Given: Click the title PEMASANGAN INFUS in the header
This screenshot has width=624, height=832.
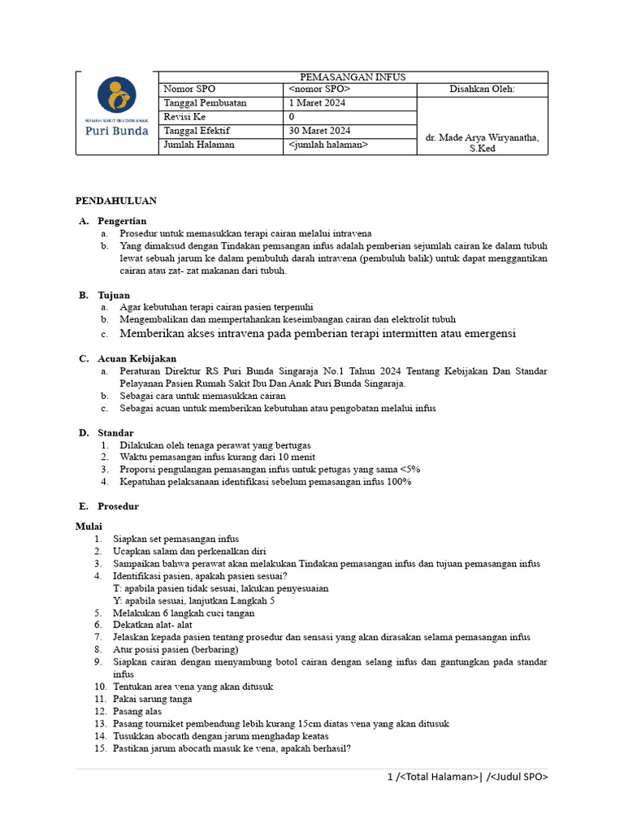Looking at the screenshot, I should click(352, 77).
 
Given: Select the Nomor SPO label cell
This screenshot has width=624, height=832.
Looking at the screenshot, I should click(190, 89).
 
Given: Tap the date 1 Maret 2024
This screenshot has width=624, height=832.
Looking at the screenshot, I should click(316, 103).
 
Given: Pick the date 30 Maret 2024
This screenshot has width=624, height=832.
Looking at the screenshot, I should click(319, 131).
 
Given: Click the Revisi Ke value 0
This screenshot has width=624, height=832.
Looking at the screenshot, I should click(292, 117).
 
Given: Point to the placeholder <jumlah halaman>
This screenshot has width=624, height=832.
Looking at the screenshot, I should click(327, 145).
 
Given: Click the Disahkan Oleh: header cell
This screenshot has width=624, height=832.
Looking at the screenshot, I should click(482, 89).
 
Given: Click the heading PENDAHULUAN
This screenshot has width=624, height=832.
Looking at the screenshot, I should click(116, 200).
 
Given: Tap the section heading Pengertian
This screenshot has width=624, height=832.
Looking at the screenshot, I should click(122, 221).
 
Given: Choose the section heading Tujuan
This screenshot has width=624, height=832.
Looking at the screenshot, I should click(114, 295).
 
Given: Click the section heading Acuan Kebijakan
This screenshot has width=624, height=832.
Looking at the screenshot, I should click(136, 358).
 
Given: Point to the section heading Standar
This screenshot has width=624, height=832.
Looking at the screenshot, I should click(115, 433).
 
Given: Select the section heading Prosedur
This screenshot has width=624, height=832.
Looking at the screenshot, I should click(118, 506).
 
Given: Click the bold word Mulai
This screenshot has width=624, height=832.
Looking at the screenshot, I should click(89, 526).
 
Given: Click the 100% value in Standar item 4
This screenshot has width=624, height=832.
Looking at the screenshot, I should click(398, 482).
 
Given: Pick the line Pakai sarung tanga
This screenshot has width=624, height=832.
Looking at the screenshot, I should click(153, 699).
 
